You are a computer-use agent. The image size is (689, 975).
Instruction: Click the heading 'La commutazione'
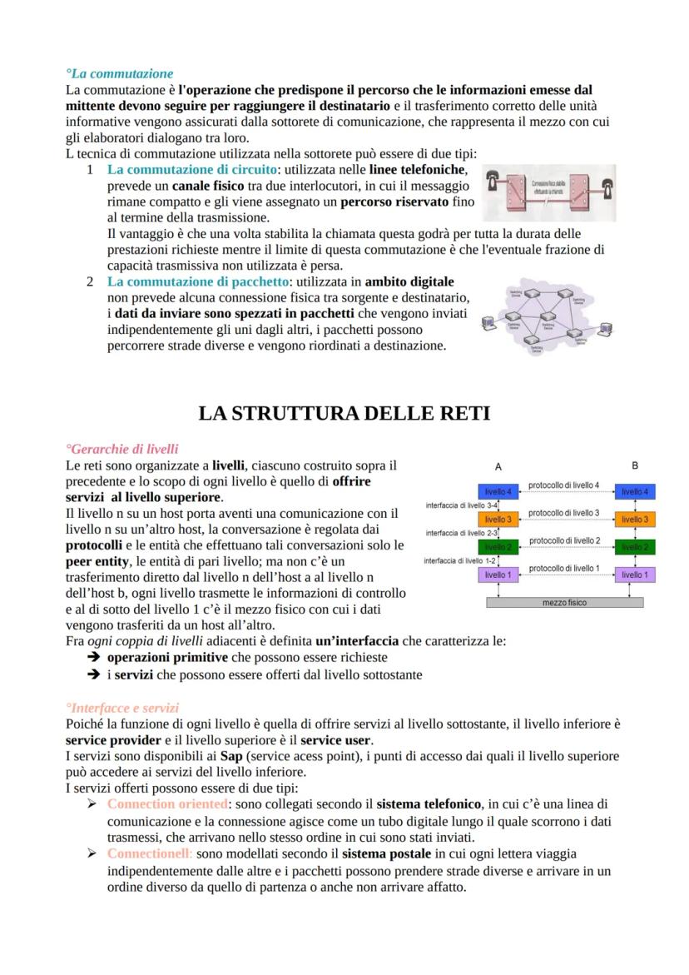(120, 74)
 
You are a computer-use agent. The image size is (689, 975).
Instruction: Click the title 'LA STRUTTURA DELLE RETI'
(344, 413)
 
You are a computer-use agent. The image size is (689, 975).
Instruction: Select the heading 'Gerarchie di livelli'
(122, 449)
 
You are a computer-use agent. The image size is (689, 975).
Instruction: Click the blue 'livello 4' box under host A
(498, 492)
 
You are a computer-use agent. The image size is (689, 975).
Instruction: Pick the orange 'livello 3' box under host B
(635, 520)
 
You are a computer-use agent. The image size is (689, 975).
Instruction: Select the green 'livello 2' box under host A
(498, 547)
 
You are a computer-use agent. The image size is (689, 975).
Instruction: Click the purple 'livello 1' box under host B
(635, 575)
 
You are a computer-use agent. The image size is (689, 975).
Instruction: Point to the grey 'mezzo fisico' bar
(564, 602)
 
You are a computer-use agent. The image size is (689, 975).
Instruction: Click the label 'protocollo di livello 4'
(563, 485)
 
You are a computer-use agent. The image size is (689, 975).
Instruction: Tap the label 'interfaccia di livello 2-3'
(462, 532)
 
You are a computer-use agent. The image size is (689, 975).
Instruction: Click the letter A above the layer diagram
(498, 466)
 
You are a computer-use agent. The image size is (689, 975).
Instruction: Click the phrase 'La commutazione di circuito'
(191, 169)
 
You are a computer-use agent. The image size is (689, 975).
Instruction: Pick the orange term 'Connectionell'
(150, 853)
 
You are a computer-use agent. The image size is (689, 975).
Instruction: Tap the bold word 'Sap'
(231, 756)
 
